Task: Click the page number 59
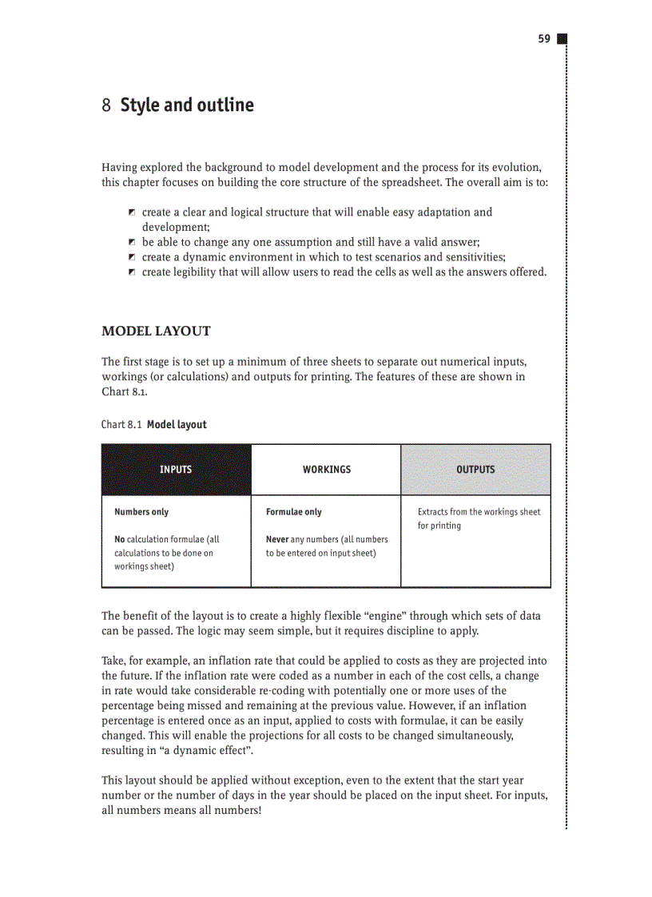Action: coord(543,38)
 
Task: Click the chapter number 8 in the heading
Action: coord(106,105)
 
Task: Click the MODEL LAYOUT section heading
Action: coord(156,331)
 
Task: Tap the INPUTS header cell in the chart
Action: coord(176,470)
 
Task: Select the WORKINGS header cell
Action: coord(326,470)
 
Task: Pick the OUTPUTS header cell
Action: coord(475,470)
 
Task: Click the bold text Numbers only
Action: coord(141,512)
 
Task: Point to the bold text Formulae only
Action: coord(294,512)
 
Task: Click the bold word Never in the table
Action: coord(277,539)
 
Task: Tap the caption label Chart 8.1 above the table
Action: coord(122,424)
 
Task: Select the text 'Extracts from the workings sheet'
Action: coord(479,512)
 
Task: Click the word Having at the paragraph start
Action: coord(121,167)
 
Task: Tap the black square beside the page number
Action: coord(562,38)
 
